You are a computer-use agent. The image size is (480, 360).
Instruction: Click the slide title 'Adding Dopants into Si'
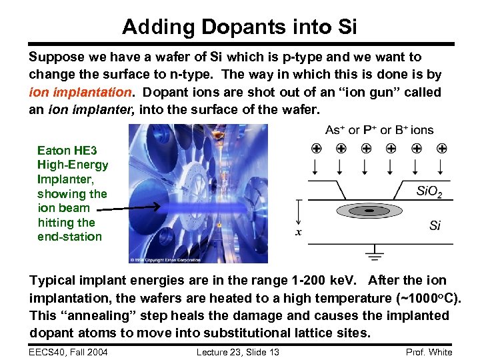240,27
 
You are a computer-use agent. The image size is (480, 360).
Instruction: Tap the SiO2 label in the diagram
429,193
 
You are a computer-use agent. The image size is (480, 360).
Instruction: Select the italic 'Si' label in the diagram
435,226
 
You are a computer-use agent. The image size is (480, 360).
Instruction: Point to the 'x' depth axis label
299,232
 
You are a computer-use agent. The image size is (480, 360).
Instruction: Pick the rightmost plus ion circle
441,148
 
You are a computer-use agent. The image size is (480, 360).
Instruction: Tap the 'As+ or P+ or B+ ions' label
379,130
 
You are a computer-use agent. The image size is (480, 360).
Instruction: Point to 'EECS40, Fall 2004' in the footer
69,352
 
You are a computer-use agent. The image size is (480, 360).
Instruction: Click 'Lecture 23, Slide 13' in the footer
238,352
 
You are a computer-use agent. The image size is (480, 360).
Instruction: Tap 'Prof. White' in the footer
429,352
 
